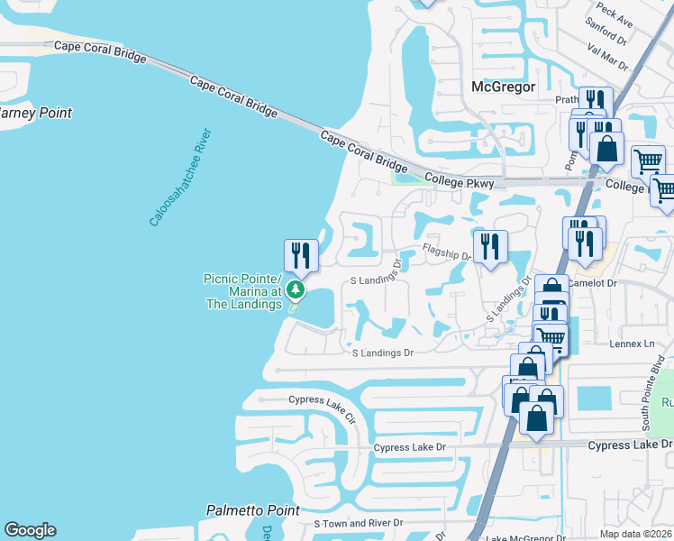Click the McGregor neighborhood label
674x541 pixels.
tap(503, 87)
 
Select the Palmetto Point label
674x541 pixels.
tap(252, 510)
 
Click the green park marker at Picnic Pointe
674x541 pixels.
tap(295, 290)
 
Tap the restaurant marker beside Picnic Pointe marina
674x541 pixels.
tap(301, 255)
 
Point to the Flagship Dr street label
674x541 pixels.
tap(447, 253)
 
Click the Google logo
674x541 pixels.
tap(30, 530)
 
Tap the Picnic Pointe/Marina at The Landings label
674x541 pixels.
tap(243, 291)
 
